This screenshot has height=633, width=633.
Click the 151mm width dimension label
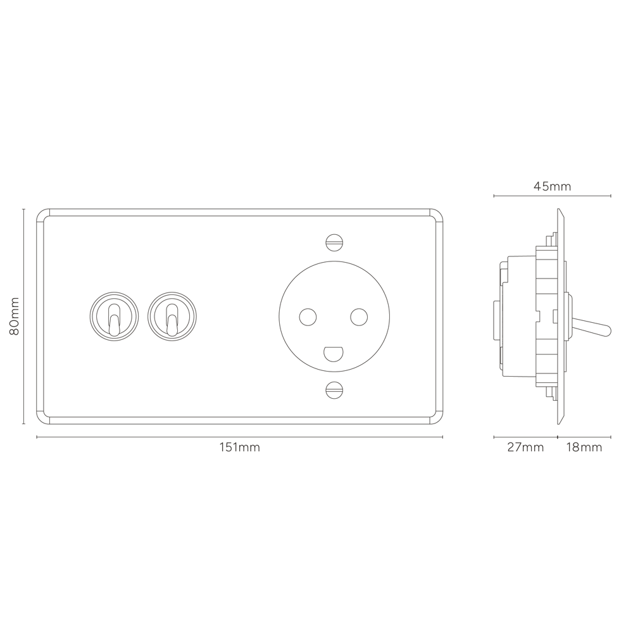click(239, 448)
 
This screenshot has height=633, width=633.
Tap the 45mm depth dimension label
click(552, 186)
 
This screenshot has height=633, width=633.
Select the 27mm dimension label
click(525, 448)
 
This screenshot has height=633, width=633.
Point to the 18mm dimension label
click(583, 448)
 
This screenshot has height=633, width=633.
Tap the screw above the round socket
click(334, 241)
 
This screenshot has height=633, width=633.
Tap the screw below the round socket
click(334, 390)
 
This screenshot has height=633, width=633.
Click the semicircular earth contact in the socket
click(334, 352)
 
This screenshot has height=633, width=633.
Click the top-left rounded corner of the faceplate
click(43, 214)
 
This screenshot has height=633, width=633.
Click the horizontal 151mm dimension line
click(127, 437)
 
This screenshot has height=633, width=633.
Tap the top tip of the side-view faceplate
click(559, 211)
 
